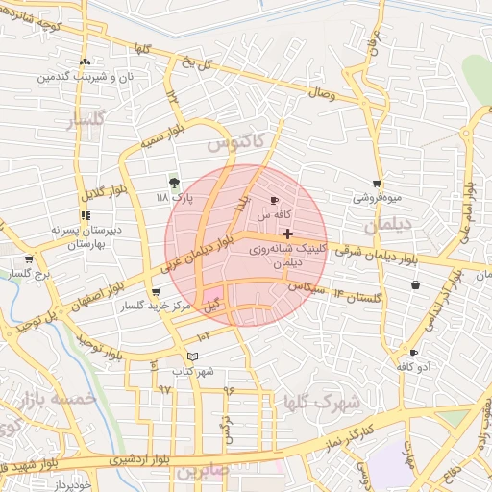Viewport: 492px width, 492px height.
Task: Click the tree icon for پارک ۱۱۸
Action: (174, 182)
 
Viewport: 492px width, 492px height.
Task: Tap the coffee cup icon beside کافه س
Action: (276, 201)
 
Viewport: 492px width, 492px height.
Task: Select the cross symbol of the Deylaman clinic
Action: (287, 234)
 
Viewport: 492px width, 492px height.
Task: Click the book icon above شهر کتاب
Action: (193, 357)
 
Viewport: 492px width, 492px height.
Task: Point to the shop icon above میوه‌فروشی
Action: (377, 184)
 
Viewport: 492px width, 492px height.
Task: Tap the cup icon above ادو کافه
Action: (413, 353)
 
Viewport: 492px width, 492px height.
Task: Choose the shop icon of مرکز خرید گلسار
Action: (156, 292)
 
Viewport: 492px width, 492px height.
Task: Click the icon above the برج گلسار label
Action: (29, 259)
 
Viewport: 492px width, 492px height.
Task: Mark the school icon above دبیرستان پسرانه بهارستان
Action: (85, 215)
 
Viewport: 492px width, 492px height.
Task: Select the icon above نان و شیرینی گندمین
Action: (86, 61)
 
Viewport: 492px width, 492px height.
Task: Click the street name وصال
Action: (320, 94)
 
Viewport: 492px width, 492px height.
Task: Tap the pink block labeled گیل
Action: (212, 299)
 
